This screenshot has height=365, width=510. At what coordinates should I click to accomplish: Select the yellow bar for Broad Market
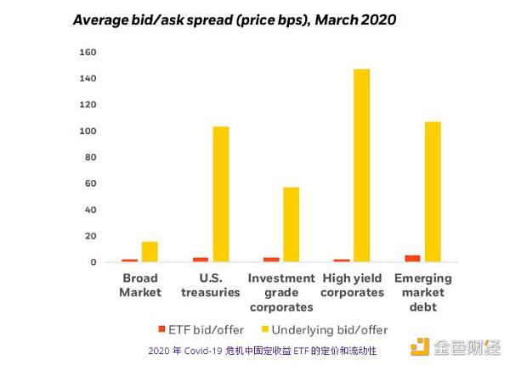(150, 252)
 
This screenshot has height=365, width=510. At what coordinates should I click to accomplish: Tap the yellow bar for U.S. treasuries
(221, 194)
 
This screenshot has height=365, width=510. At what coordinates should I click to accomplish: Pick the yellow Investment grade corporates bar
(291, 225)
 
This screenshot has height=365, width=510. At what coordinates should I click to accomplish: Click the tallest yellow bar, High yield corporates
(361, 166)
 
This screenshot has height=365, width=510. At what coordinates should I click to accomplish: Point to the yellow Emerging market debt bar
(433, 192)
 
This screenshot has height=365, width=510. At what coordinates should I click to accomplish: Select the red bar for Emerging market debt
(413, 258)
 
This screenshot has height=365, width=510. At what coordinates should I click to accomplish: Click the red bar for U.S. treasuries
(201, 260)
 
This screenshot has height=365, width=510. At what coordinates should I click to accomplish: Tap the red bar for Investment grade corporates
(271, 260)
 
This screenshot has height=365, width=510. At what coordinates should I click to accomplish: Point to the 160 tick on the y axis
(88, 53)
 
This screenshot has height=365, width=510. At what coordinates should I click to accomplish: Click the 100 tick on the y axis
(88, 132)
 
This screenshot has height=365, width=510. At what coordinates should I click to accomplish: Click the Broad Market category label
(140, 285)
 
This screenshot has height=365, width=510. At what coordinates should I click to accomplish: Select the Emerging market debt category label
(423, 292)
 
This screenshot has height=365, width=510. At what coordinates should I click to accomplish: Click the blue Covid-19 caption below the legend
(262, 350)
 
